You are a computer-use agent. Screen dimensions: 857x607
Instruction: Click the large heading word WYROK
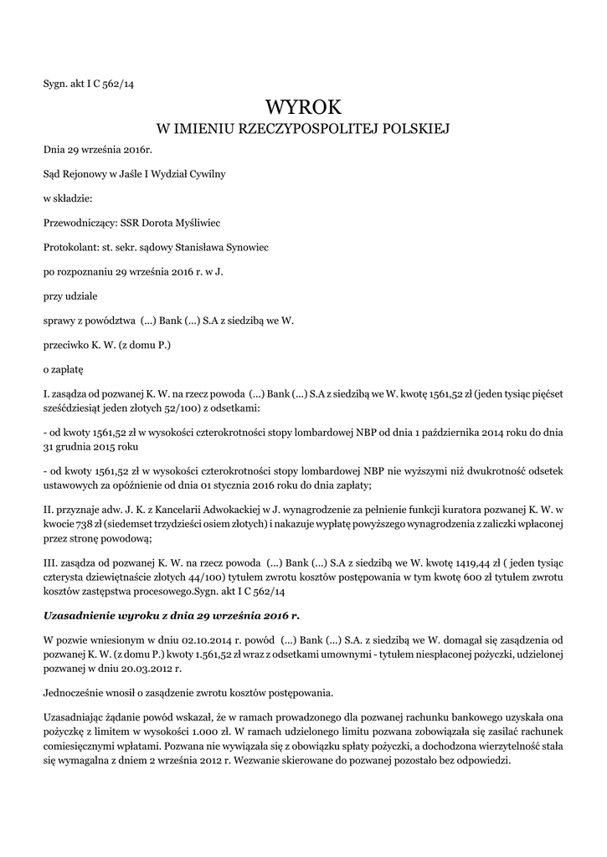coord(303,106)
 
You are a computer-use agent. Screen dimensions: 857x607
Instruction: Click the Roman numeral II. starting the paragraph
coord(48,508)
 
